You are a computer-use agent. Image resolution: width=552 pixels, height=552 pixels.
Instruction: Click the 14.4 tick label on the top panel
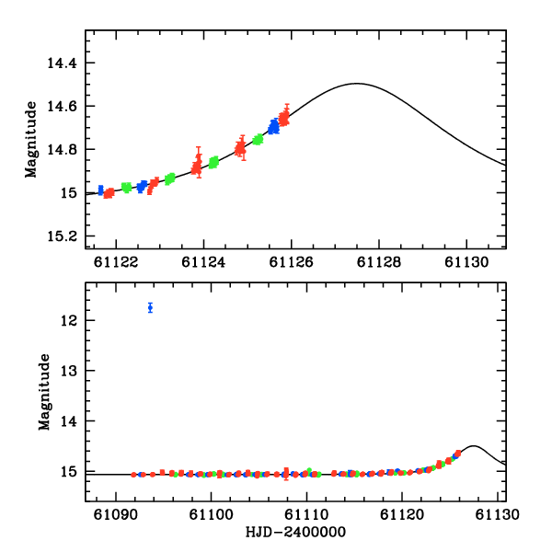(x=63, y=63)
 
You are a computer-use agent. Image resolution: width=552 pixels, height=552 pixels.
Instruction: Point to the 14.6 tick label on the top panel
(x=63, y=107)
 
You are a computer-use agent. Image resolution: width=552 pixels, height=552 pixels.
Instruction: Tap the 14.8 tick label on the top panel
(x=63, y=150)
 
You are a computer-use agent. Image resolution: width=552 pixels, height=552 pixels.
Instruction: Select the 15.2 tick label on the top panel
(x=63, y=236)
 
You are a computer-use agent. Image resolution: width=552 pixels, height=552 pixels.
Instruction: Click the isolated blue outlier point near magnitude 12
(x=150, y=307)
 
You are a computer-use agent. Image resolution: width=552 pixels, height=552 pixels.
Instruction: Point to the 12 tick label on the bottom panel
(x=69, y=320)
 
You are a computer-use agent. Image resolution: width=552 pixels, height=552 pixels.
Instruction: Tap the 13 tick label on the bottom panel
(x=69, y=371)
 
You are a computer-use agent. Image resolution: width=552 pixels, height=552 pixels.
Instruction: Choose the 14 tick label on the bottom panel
(x=69, y=421)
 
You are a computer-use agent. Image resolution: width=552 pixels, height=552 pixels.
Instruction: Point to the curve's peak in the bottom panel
(x=474, y=446)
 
